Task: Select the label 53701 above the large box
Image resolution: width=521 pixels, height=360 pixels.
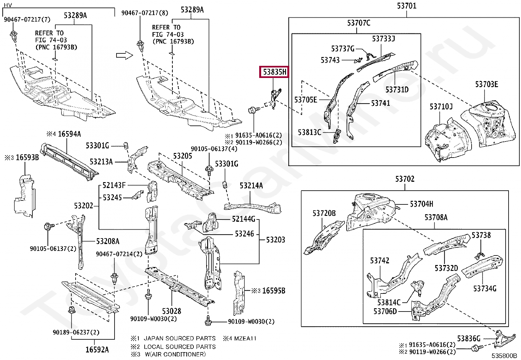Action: [406, 6]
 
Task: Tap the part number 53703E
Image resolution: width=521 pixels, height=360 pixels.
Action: [486, 85]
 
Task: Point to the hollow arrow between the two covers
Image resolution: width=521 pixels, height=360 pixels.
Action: [125, 55]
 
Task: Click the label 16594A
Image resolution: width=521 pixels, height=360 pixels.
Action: [69, 134]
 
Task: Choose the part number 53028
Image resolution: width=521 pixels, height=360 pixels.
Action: [171, 311]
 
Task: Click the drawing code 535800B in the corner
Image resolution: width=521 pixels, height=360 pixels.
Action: [503, 356]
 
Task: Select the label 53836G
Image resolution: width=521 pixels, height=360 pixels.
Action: [469, 339]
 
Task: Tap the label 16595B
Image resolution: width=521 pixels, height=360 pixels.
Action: [274, 291]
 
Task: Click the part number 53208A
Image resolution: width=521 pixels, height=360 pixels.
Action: [108, 241]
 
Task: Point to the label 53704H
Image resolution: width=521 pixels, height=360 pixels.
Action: [422, 204]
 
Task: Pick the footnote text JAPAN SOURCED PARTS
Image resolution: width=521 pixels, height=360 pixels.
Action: [180, 338]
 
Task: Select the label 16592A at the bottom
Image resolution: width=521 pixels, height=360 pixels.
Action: [97, 350]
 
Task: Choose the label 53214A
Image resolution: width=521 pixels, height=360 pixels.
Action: [251, 186]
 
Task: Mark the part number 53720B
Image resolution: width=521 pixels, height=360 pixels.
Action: [324, 214]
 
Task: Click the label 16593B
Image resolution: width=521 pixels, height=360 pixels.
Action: [27, 158]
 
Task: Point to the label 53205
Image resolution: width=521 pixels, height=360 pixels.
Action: [183, 156]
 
